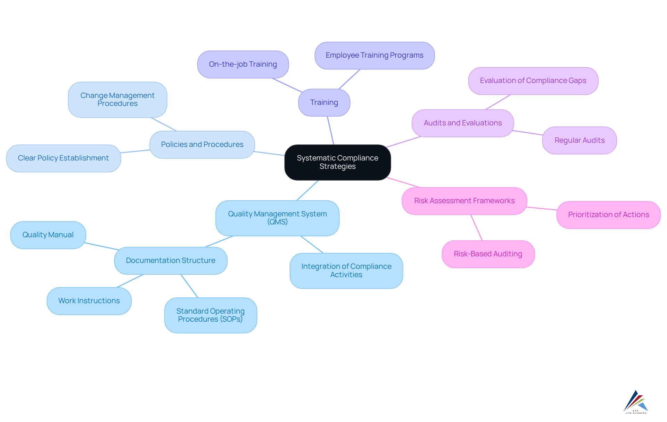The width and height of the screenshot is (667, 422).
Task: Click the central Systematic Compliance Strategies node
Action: tap(337, 162)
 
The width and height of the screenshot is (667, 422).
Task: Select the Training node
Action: tap(324, 102)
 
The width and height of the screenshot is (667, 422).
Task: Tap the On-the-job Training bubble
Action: tap(243, 64)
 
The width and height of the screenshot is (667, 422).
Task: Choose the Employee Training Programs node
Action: tap(374, 56)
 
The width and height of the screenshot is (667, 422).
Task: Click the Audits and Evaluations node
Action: tap(463, 123)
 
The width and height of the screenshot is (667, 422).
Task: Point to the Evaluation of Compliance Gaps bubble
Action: tap(533, 81)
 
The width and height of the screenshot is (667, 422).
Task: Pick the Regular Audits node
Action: tap(579, 140)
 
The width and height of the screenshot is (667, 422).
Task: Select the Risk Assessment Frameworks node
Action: tap(464, 201)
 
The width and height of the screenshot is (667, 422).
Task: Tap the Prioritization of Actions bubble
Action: tap(608, 215)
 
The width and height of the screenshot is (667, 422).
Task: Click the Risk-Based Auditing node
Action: tap(488, 254)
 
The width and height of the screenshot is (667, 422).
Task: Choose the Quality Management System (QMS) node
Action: tap(277, 218)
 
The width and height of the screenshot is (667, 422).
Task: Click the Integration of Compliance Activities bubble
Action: tap(346, 271)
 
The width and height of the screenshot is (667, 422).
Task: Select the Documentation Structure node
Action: tap(171, 260)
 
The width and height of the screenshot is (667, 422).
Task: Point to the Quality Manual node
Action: tap(48, 235)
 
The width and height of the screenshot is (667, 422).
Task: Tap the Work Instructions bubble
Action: tap(89, 301)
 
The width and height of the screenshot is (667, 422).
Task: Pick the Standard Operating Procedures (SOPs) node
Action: tap(211, 315)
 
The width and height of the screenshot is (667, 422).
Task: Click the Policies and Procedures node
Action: tap(202, 144)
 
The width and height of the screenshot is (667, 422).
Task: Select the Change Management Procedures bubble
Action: tap(117, 100)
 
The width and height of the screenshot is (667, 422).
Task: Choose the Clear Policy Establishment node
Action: tap(63, 158)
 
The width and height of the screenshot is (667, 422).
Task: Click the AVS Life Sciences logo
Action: tap(636, 402)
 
